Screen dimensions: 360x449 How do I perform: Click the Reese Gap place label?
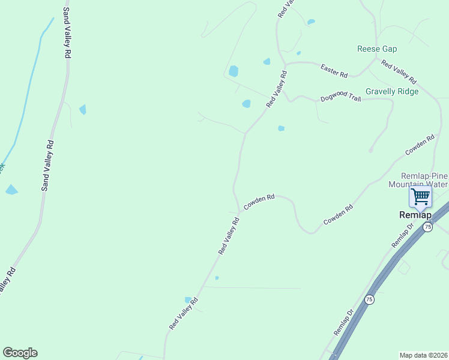tap(376, 49)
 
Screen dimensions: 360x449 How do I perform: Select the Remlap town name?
tap(415, 214)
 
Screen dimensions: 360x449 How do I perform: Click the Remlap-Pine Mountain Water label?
tap(418, 179)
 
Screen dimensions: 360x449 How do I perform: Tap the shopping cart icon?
tap(420, 196)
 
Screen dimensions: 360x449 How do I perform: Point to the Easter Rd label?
tap(334, 71)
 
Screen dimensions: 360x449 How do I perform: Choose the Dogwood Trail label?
tap(340, 97)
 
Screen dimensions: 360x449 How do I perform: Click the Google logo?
tap(20, 353)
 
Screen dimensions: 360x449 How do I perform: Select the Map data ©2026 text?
tap(424, 355)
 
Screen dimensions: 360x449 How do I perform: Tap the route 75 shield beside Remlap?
tap(427, 227)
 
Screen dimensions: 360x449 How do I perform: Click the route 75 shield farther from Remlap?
tap(369, 299)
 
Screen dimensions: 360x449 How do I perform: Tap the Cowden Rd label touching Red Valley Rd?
tap(259, 202)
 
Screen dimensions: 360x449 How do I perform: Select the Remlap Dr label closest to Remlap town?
tap(403, 235)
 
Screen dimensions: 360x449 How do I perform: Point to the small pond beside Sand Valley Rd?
tap(82, 110)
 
